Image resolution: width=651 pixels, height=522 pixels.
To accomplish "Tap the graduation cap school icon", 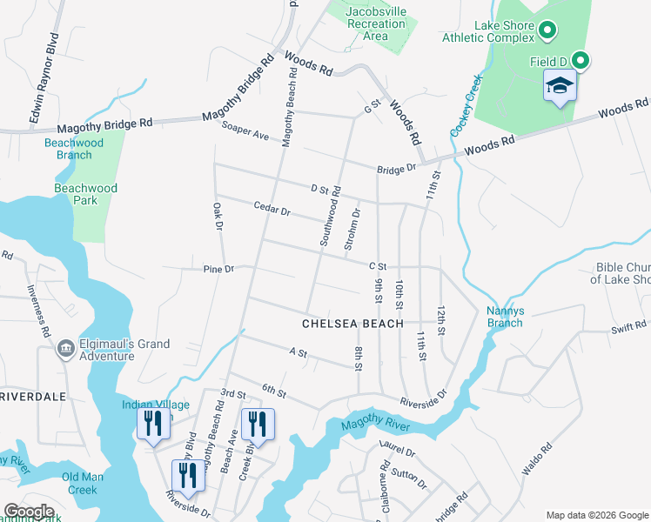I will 560,86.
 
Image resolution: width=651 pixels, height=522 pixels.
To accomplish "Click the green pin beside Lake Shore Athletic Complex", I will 547,31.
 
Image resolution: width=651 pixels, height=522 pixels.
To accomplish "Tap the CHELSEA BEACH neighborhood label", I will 352,324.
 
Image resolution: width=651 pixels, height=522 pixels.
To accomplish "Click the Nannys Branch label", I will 505,317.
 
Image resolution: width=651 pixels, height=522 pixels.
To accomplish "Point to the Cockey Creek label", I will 466,105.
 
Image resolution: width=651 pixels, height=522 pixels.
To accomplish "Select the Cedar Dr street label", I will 272,210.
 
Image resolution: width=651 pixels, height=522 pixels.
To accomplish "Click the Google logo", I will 28,512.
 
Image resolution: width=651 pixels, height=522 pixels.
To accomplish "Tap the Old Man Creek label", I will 83,483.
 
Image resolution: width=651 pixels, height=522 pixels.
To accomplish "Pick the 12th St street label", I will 441,320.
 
